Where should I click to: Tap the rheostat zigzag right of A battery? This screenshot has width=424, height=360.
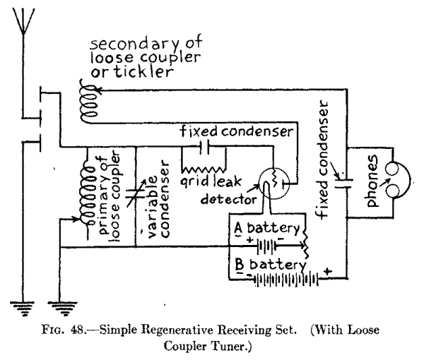click(306, 242)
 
